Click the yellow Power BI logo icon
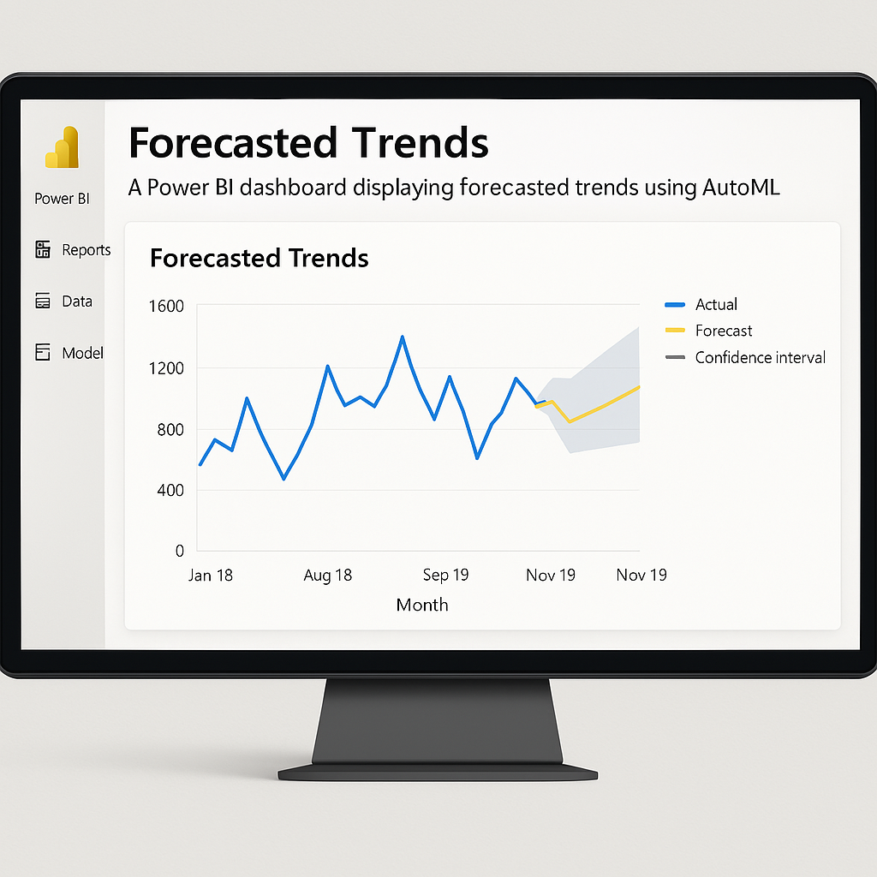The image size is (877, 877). click(x=62, y=147)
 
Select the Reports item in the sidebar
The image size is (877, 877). click(x=73, y=249)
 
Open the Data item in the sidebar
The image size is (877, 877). click(x=63, y=301)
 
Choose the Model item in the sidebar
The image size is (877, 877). click(x=69, y=352)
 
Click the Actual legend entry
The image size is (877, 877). click(x=701, y=304)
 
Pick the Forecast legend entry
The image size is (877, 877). click(x=708, y=331)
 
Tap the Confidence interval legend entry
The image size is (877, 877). click(x=745, y=357)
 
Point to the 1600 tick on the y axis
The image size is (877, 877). click(x=166, y=306)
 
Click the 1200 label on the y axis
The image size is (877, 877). click(x=166, y=368)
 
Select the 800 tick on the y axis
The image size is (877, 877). click(x=170, y=430)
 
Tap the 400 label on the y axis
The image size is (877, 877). click(x=170, y=490)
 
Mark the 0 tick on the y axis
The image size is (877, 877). click(x=180, y=551)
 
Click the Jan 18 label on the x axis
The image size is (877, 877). click(x=211, y=575)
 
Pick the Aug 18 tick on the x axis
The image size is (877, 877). click(x=328, y=575)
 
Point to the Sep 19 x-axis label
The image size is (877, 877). click(x=445, y=575)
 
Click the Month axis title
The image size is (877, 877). click(x=422, y=605)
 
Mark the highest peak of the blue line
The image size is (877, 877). click(x=403, y=337)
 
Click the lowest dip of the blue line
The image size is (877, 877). click(x=284, y=479)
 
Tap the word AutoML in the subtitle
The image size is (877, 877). click(x=741, y=187)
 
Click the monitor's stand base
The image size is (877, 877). click(x=438, y=773)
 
